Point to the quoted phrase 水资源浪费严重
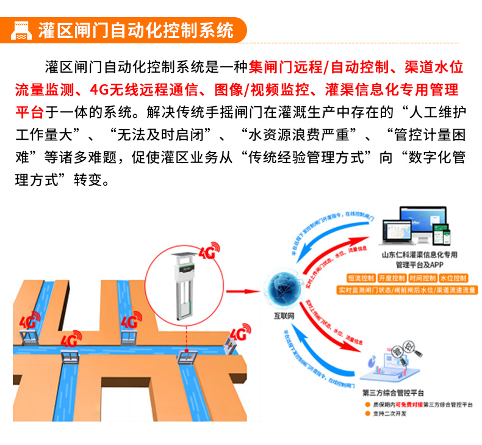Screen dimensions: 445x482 pos(305,134)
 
